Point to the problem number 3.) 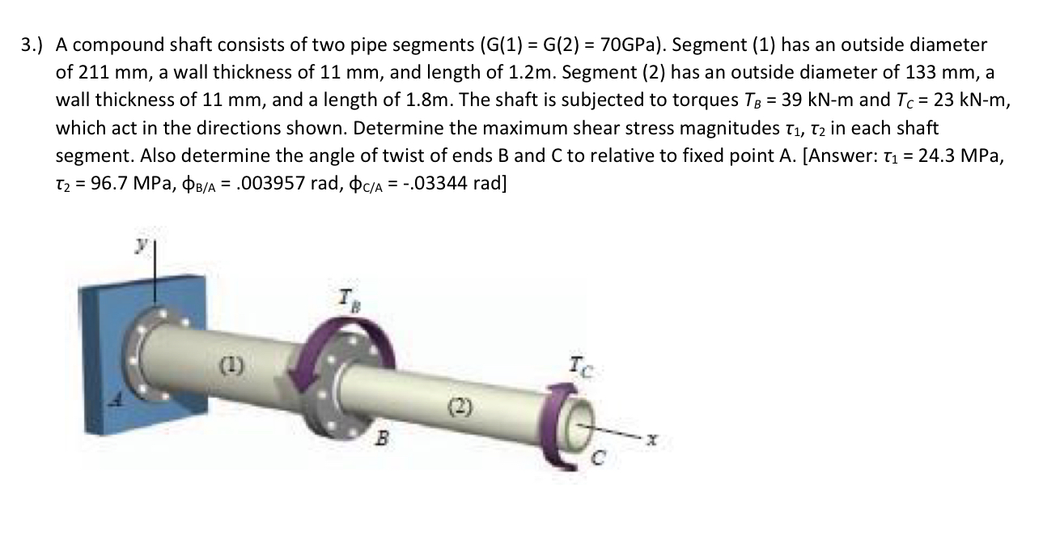(32, 45)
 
